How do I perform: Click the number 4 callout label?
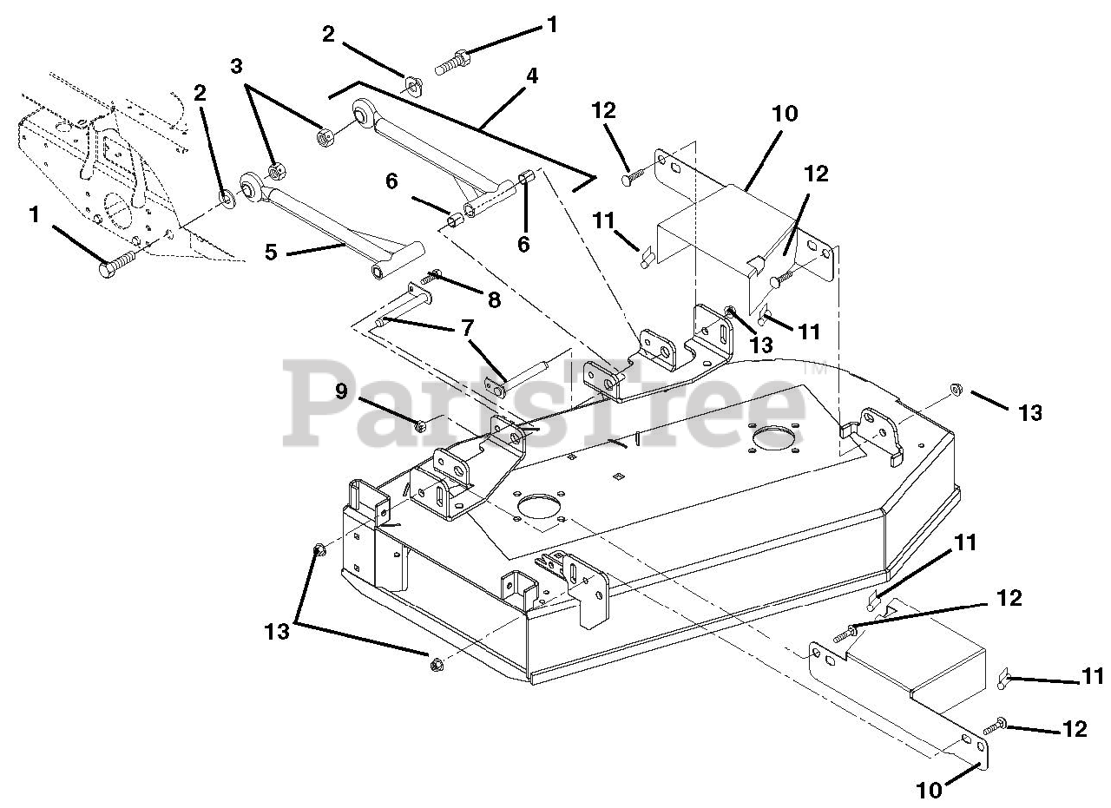coord(531,76)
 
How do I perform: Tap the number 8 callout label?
coord(493,300)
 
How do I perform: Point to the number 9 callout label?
coord(343,391)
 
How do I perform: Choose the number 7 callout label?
coord(467,330)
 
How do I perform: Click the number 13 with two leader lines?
coord(276,633)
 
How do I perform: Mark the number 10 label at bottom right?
coord(930,790)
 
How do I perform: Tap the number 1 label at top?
coord(551,26)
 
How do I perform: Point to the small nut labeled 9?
coord(420,425)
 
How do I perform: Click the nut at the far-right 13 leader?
coord(955,389)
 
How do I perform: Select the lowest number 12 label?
coord(1074,730)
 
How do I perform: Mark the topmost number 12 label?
coord(604,111)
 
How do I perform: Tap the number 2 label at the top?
coord(327,34)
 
